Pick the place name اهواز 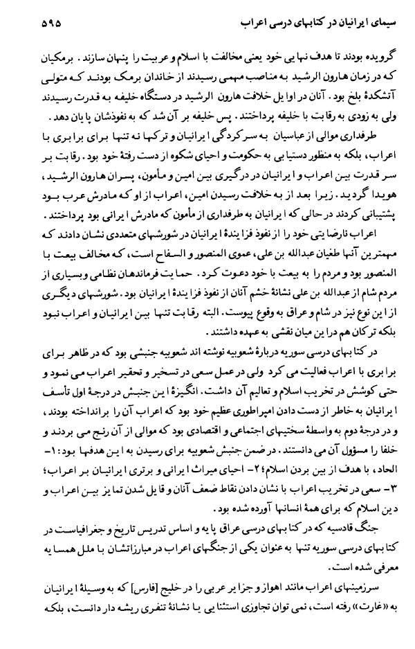(278, 595)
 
